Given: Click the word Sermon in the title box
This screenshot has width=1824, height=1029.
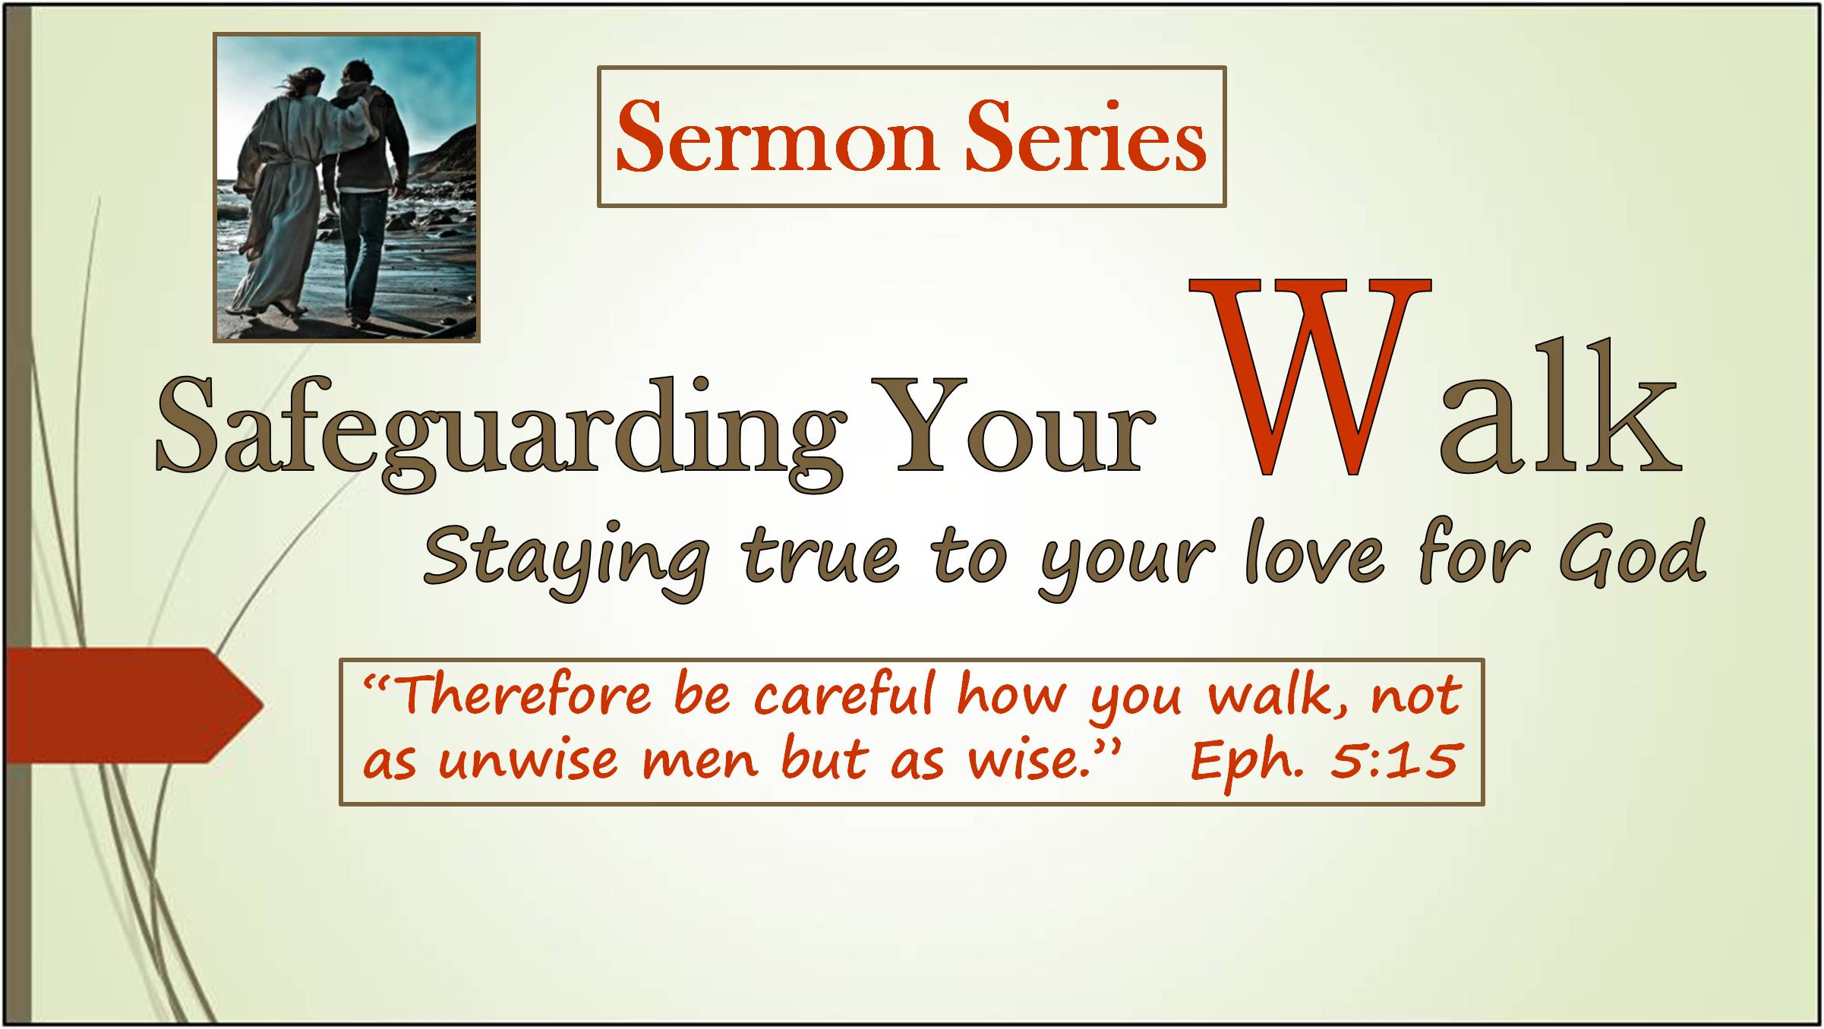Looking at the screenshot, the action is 776,137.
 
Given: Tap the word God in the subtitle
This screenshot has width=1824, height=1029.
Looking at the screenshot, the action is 1633,554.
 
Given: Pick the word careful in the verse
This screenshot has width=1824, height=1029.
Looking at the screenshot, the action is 843,693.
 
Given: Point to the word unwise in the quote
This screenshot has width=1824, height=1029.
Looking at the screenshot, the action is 529,760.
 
